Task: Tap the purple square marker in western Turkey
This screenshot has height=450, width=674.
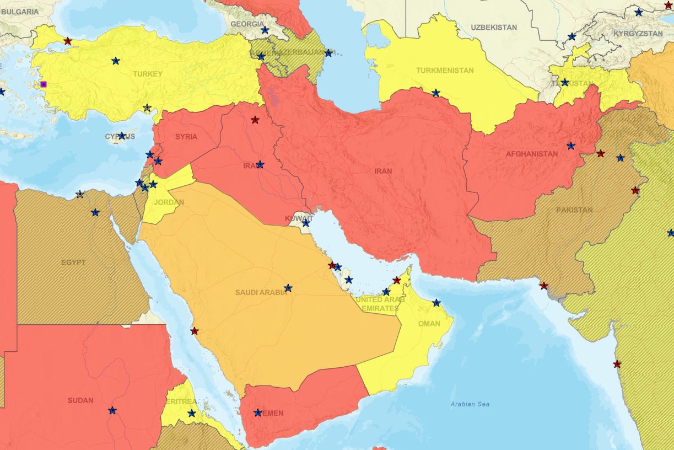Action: point(44,84)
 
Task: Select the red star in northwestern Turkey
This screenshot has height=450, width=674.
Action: point(67,41)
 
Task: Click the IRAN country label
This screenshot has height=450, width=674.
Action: point(383,171)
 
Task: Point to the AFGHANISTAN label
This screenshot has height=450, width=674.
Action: point(532,154)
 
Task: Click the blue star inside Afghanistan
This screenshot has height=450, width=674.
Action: point(570,146)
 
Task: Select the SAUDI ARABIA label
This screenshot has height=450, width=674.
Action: point(261,292)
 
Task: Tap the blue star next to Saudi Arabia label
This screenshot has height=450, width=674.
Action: point(288,288)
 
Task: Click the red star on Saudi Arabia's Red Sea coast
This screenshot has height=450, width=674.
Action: point(194,331)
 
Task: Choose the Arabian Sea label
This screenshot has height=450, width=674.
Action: point(470,404)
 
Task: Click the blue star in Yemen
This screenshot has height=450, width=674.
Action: point(257,413)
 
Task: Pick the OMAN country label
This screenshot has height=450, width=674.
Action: point(429,324)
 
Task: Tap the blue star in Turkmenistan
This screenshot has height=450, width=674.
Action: point(436,93)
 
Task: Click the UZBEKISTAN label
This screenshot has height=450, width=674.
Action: point(494,27)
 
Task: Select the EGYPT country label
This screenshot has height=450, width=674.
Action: point(73,262)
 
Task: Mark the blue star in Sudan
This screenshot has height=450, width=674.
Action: point(112,410)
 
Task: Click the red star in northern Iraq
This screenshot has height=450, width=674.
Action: point(255,119)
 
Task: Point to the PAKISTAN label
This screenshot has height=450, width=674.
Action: point(574,210)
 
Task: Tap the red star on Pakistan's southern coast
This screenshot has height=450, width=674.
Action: point(544,286)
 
